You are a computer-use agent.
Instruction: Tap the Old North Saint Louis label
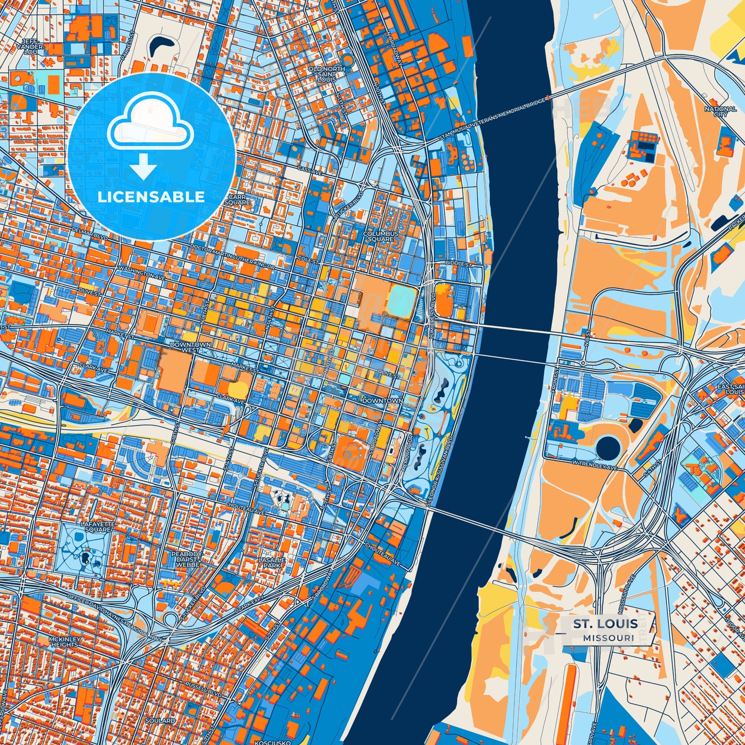pos(326,74)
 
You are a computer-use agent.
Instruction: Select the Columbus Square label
pos(380,236)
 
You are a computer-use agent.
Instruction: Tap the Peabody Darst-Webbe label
pos(187,559)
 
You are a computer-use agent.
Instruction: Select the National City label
pos(720,111)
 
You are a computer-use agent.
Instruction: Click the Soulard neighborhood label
pos(160,720)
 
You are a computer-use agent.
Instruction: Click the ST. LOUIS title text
pos(605,624)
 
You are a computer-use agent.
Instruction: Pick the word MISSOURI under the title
pos(609,638)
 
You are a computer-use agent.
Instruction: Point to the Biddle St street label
pos(459,264)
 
